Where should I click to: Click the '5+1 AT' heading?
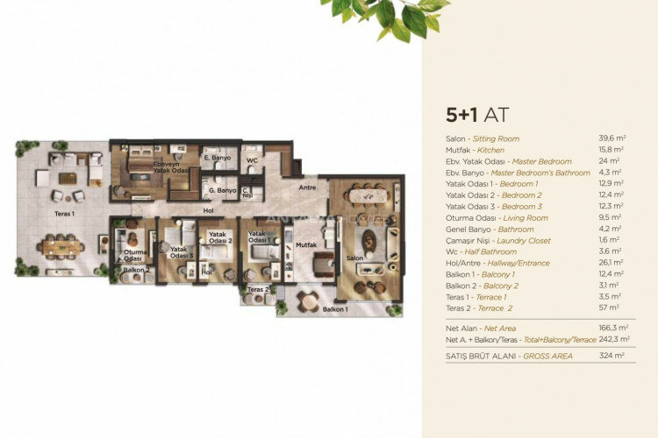coord(477,116)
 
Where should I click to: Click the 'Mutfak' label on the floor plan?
coord(306,246)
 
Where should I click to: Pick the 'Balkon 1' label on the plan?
coord(335,309)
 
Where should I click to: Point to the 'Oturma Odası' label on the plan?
coord(134,255)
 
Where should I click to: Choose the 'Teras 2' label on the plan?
coord(256,289)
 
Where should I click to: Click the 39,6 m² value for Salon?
coord(612,138)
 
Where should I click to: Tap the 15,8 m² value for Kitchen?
coord(612,150)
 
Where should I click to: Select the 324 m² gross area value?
coord(612,356)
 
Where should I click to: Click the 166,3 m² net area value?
coord(611,328)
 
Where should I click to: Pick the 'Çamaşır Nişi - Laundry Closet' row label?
coord(497,240)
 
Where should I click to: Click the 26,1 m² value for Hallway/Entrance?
coord(612,262)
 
